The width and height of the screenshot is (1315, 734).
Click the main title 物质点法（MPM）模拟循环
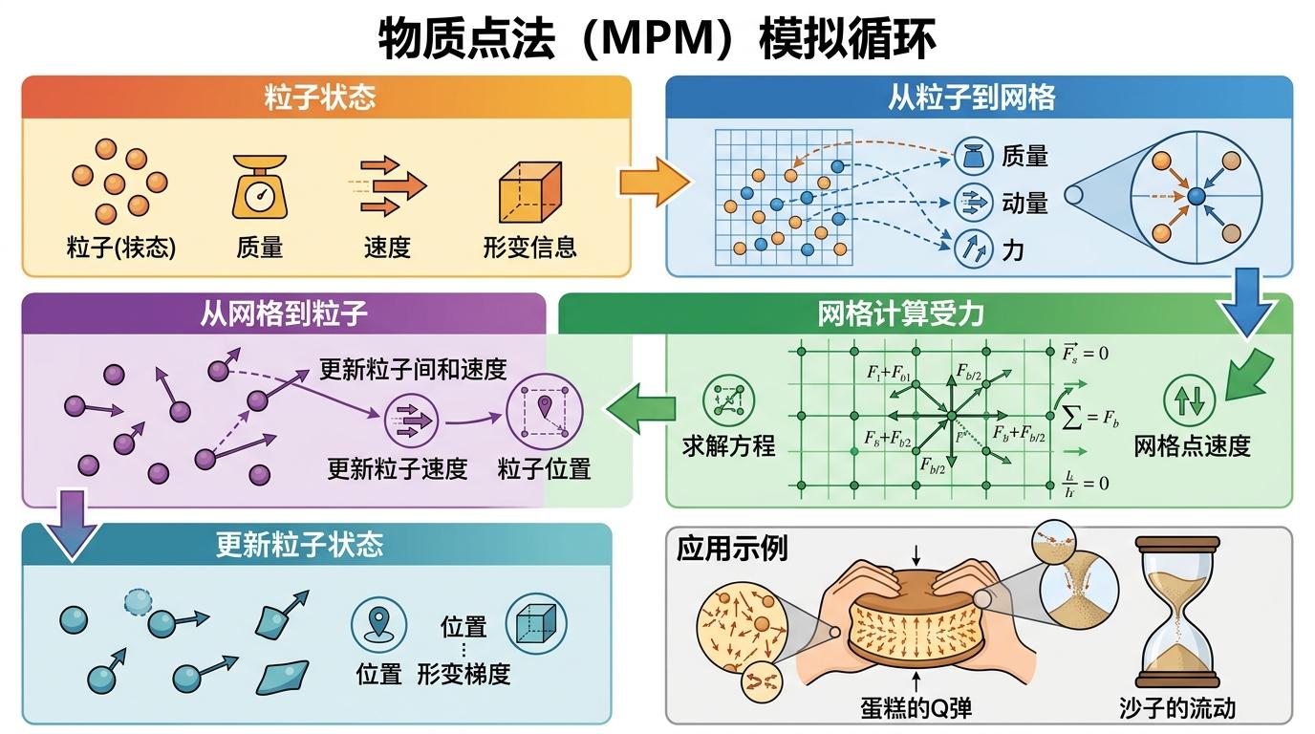coord(657,38)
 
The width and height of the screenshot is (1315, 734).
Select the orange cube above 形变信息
coord(529,189)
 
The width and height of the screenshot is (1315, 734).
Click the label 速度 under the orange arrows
coord(387,248)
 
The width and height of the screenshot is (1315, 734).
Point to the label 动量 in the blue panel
coord(1024,203)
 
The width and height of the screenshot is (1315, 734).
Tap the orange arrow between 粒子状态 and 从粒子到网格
coord(654,179)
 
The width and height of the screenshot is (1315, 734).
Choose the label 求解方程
coord(729,445)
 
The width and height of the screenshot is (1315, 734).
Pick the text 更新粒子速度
coord(397,469)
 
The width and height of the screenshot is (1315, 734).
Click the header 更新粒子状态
coord(299,545)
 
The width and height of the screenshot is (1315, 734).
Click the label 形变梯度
coord(463,674)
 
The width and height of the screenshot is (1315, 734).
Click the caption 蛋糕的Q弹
coord(916,708)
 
